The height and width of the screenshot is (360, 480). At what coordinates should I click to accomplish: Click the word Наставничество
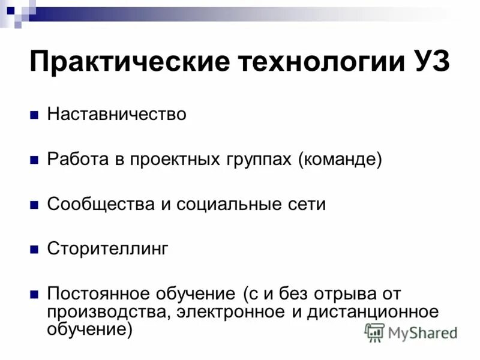click(117, 114)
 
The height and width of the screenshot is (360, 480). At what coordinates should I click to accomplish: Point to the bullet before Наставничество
click(34, 115)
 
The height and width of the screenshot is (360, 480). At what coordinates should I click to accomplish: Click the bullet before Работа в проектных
click(34, 160)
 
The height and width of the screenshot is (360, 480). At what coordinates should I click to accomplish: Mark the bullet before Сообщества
click(34, 205)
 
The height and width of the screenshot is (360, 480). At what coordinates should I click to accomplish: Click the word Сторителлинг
click(109, 249)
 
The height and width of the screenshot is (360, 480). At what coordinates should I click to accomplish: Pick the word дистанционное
click(373, 311)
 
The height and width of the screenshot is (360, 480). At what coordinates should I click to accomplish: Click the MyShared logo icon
click(375, 332)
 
